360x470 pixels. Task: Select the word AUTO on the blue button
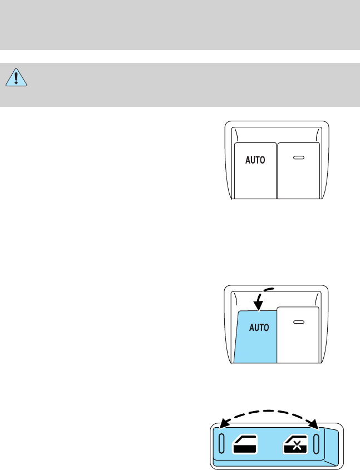point(259,328)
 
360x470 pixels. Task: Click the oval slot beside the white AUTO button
point(299,159)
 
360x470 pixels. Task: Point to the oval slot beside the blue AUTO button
point(299,323)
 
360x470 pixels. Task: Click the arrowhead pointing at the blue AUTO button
point(258,305)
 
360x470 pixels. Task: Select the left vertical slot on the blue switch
point(221,443)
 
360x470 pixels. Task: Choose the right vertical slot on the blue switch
point(317,443)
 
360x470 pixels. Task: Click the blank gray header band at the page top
point(180,25)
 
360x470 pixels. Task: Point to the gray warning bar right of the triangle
point(189,85)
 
